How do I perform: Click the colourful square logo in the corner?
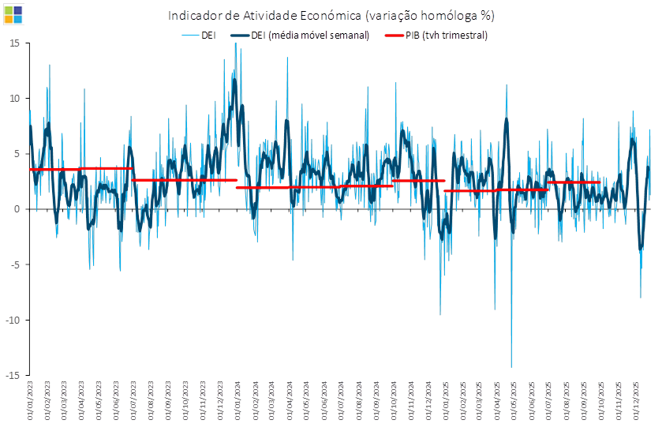tap(13, 13)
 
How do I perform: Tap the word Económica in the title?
tap(324, 16)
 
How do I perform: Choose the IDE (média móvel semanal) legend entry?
tap(300, 36)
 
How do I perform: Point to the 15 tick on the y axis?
tap(14, 43)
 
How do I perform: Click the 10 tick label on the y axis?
tap(14, 99)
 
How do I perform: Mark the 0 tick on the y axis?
tap(17, 209)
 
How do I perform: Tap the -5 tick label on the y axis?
tap(15, 264)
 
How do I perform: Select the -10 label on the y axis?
tap(13, 320)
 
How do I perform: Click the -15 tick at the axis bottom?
tap(13, 374)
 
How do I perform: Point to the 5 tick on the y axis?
tap(17, 154)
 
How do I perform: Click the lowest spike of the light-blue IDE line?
tap(511, 366)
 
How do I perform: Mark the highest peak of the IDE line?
tap(235, 44)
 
